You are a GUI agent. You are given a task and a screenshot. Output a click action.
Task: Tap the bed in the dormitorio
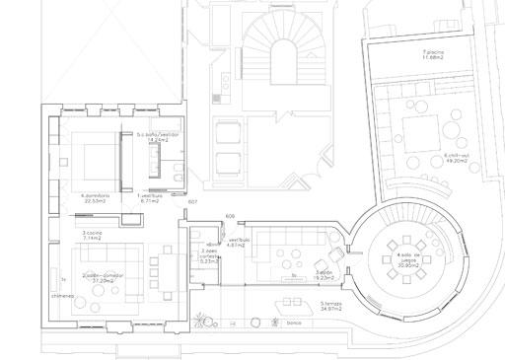pos(90,159)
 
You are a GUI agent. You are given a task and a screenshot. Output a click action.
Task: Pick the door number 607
pos(192,201)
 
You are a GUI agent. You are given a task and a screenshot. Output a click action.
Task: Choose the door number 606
pos(230,215)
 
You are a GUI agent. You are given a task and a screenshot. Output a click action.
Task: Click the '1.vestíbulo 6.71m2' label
pos(150,197)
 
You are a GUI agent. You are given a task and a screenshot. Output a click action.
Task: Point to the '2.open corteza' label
pos(209,257)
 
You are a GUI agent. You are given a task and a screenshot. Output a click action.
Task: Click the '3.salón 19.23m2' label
pos(323,275)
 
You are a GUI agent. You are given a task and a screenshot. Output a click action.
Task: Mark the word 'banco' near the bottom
pos(293,324)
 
